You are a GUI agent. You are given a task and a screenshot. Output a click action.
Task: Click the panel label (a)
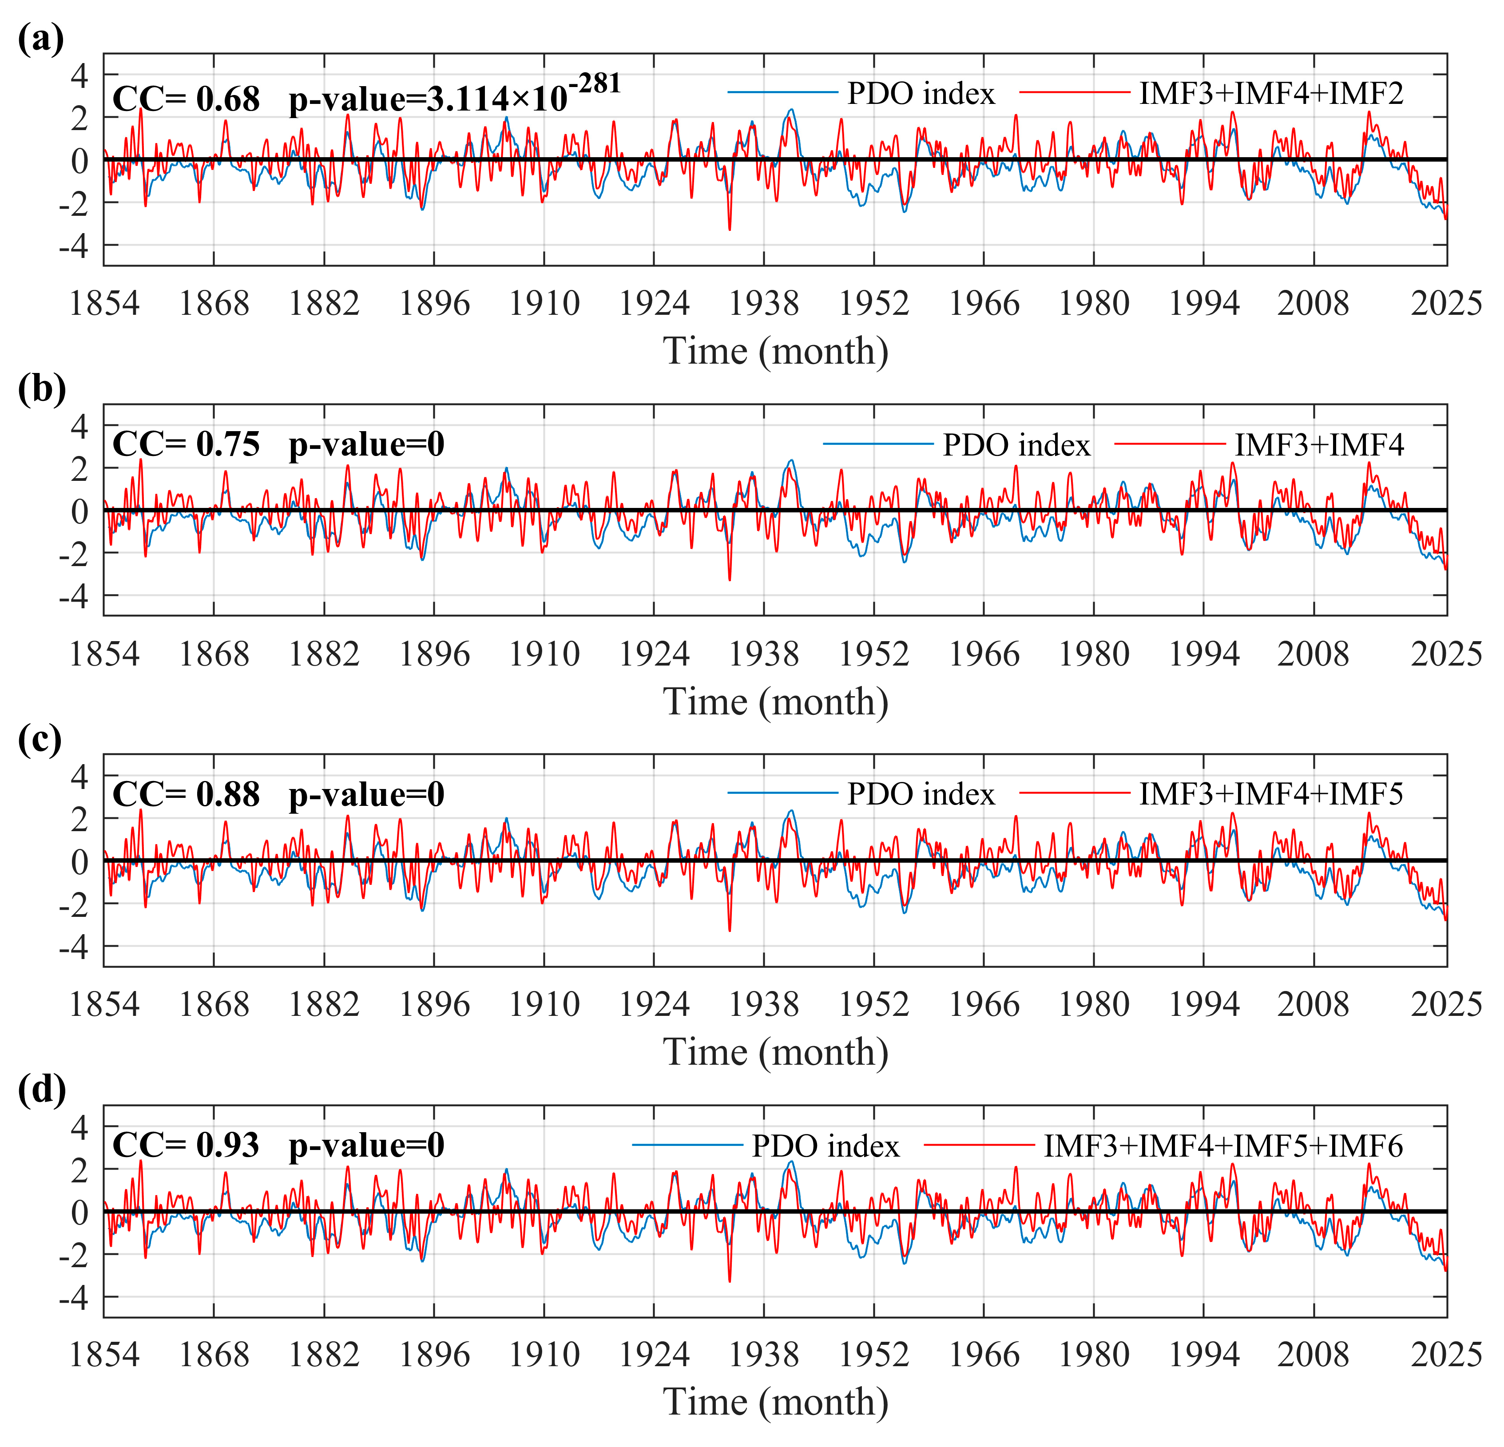40,38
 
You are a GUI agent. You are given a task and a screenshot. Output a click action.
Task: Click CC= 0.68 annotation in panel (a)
187,100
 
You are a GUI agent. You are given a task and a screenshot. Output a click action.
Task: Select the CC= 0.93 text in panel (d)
187,1146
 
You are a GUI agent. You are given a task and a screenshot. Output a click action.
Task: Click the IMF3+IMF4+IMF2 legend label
1271,94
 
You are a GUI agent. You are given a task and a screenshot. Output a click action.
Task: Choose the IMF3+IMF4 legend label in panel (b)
1319,445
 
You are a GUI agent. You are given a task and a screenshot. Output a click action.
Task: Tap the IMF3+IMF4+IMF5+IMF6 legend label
1223,1146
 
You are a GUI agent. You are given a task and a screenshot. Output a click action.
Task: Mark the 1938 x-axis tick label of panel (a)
763,303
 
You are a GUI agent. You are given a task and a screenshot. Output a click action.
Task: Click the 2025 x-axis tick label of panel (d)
1446,1355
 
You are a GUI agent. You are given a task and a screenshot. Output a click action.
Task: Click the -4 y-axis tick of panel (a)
75,247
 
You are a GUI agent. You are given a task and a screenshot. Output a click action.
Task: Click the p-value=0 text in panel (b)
367,445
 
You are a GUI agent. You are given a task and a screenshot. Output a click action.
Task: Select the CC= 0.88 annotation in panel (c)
187,795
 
